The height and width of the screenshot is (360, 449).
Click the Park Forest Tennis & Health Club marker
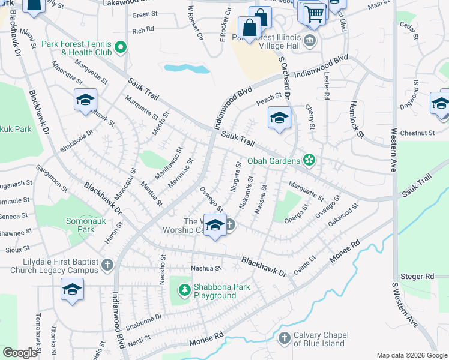(121, 47)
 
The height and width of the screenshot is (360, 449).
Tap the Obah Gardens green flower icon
(309, 160)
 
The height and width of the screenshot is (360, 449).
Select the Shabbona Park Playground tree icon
(184, 291)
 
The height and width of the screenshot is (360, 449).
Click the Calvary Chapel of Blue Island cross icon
(285, 339)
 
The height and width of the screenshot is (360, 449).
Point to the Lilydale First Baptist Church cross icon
(107, 265)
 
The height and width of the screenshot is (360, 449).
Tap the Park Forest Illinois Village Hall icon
(310, 41)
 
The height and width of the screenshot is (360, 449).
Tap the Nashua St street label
(206, 268)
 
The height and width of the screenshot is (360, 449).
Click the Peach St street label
(269, 96)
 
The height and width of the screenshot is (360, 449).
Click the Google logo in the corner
(20, 353)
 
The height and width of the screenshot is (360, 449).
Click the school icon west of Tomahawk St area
(72, 291)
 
